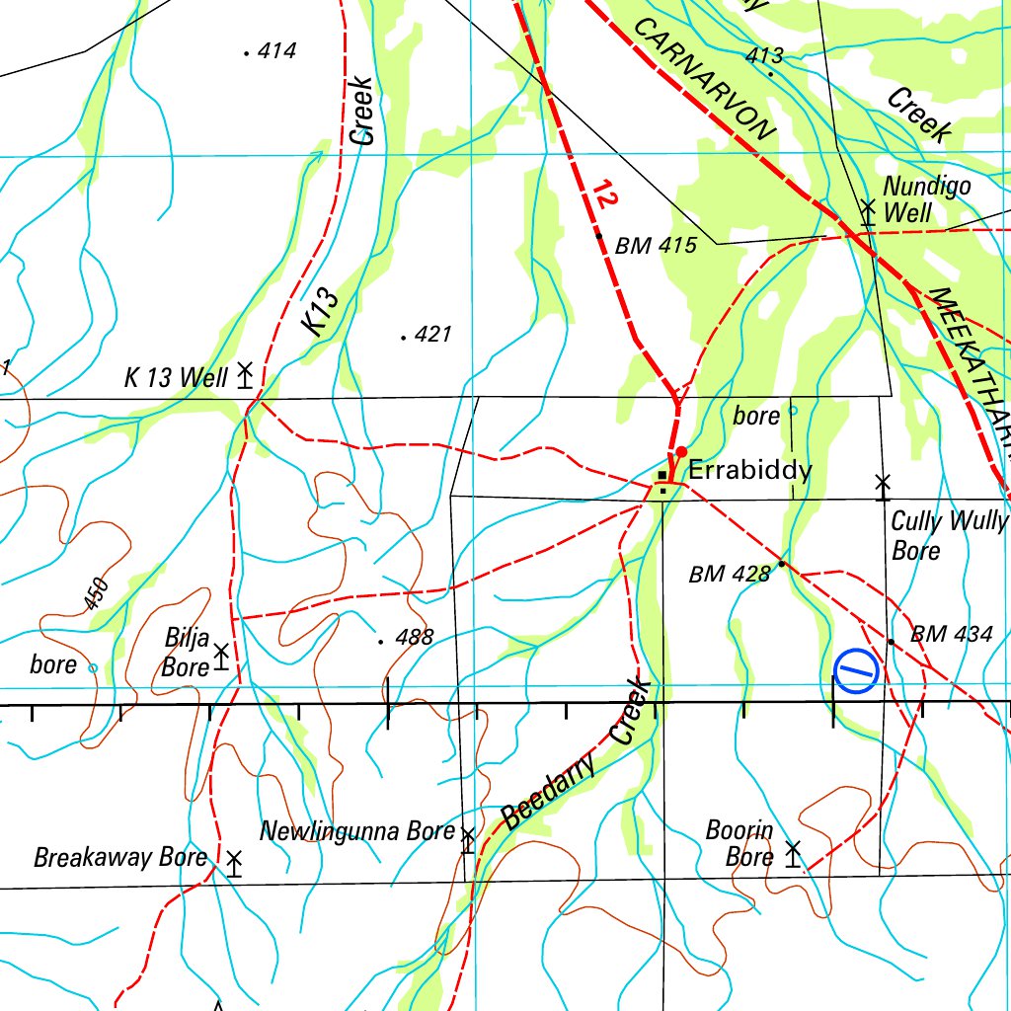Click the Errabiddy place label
(749, 470)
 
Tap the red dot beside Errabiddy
(681, 452)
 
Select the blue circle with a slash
(856, 672)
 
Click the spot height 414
(271, 51)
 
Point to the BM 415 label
(656, 246)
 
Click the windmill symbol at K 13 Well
(245, 375)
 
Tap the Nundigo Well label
(926, 199)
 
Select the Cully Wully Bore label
(948, 535)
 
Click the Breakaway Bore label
(120, 857)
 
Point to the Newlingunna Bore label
(356, 832)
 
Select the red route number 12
(606, 195)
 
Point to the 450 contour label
(97, 593)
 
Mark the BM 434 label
(951, 635)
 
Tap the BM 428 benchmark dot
(781, 564)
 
